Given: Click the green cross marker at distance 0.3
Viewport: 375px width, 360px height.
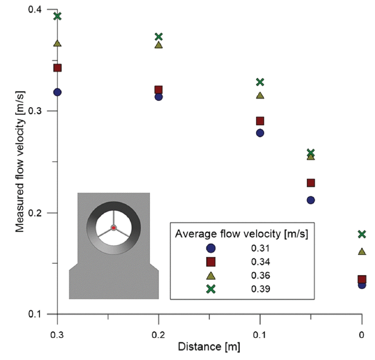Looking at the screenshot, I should (57, 16).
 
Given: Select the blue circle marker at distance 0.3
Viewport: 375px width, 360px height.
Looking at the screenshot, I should (57, 92).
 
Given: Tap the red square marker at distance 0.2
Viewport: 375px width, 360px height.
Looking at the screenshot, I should (159, 90).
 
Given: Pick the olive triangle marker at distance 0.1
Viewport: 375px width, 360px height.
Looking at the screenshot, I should (260, 95).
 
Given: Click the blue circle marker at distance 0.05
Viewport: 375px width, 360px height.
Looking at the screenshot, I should (311, 200).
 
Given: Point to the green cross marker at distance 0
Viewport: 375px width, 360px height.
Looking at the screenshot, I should (362, 234).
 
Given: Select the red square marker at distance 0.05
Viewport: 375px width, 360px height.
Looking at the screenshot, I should (311, 183).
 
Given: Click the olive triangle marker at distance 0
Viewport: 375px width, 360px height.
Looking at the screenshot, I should (362, 252).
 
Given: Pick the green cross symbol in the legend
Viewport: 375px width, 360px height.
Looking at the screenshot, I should (210, 289).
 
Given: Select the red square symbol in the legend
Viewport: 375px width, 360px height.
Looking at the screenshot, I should (210, 262).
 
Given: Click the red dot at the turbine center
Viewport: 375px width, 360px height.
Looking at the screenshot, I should (113, 228).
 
